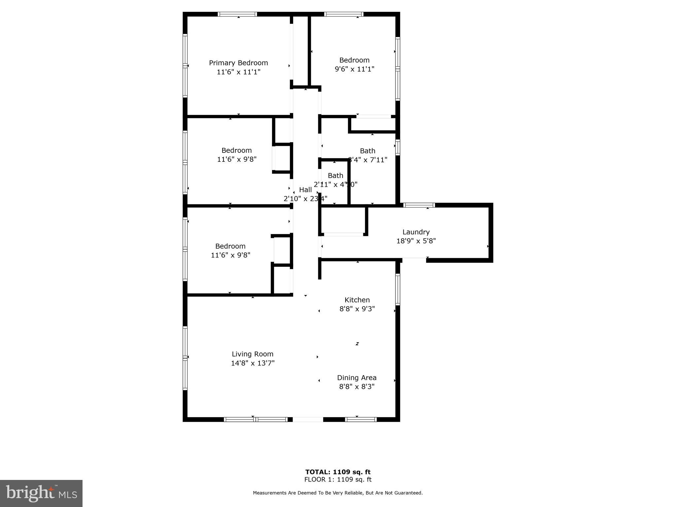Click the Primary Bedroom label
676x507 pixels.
(x=238, y=63)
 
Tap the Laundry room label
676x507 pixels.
(x=416, y=232)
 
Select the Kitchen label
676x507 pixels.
(x=357, y=300)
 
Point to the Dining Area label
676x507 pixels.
(x=356, y=378)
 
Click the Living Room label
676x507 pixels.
(x=253, y=354)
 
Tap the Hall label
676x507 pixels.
(x=305, y=190)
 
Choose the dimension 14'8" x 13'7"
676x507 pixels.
(x=253, y=363)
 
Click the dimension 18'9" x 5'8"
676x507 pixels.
(x=416, y=241)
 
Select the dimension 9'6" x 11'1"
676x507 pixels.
(x=355, y=69)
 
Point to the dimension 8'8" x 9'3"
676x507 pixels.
(x=357, y=309)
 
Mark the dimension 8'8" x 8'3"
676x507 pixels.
(x=356, y=387)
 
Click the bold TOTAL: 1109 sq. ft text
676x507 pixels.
(x=338, y=472)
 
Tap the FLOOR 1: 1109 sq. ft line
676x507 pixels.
(x=338, y=480)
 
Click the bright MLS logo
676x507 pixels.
(x=41, y=493)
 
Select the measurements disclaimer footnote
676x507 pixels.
(x=338, y=493)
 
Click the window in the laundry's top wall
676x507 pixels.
(x=419, y=205)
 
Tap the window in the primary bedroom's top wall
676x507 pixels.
(x=237, y=14)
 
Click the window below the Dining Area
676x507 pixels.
(x=361, y=420)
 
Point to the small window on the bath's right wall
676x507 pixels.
(x=398, y=148)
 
